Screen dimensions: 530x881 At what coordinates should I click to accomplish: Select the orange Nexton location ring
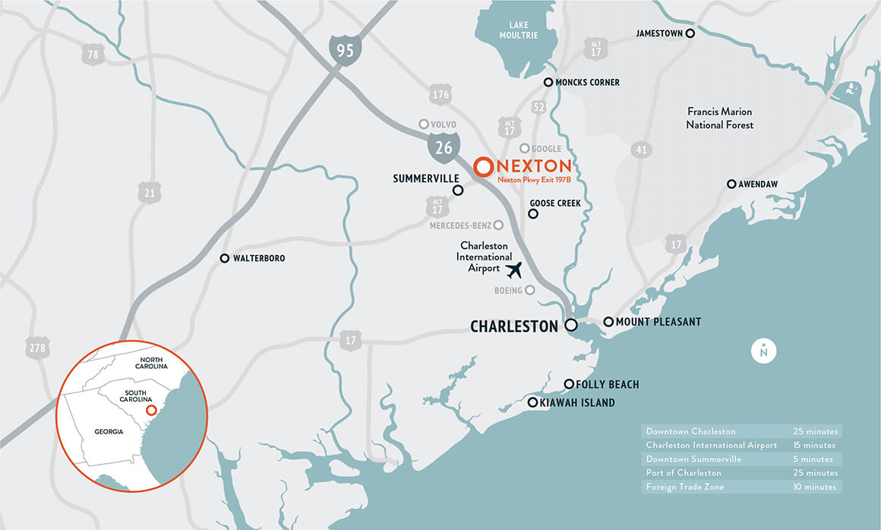click(x=482, y=167)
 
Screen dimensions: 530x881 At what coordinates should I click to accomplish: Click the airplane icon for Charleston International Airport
click(x=514, y=269)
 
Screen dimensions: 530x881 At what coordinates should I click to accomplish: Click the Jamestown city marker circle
click(x=690, y=33)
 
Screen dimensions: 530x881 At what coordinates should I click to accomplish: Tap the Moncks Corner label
click(x=587, y=82)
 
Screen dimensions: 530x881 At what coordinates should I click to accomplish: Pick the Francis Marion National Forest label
click(x=719, y=118)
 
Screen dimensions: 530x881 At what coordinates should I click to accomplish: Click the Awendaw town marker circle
click(x=731, y=184)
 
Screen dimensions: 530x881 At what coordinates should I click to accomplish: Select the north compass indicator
click(x=763, y=351)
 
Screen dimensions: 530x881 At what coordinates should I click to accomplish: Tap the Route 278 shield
click(x=37, y=347)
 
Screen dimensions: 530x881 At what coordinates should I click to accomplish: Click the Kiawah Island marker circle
click(x=533, y=402)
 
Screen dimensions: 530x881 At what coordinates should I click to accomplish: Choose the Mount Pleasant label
click(x=658, y=322)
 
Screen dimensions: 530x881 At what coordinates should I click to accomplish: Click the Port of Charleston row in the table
click(x=742, y=473)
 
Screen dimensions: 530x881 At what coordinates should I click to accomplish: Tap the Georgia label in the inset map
click(x=109, y=431)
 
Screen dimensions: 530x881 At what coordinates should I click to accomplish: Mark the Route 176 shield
click(x=440, y=95)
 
